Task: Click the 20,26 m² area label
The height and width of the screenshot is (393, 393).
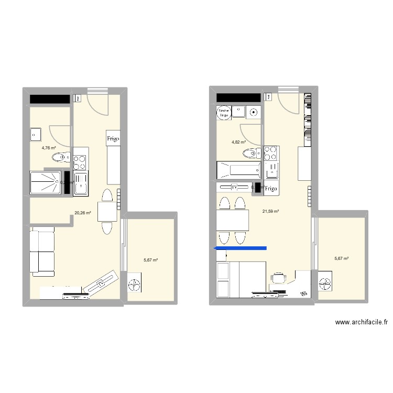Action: (83, 213)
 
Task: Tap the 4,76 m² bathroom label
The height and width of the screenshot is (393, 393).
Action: (49, 148)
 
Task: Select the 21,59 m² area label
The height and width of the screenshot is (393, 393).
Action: (270, 211)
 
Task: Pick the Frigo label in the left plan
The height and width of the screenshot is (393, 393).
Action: (113, 139)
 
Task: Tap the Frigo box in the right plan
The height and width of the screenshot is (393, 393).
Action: (271, 188)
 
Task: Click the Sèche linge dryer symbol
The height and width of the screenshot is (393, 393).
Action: (224, 112)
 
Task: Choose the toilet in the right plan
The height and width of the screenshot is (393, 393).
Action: (252, 154)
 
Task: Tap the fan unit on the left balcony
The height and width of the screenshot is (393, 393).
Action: (135, 283)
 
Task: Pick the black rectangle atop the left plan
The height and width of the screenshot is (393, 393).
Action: (50, 99)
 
